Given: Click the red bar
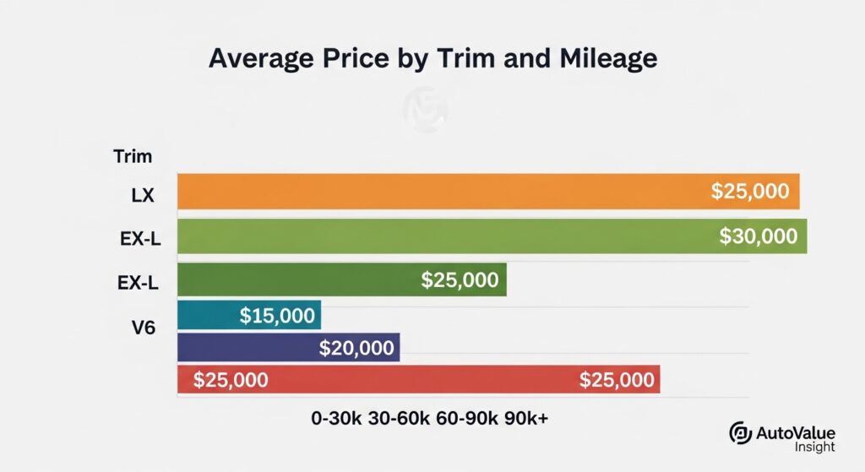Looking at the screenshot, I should coord(418,380).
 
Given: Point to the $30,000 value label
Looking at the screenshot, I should coord(758,236).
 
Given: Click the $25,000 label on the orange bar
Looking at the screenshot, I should coord(750,192).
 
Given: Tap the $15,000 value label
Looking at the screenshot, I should coord(277,317).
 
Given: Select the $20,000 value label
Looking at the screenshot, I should coord(356,347).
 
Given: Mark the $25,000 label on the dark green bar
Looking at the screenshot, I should coord(460,279).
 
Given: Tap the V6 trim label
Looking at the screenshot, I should coord(143,327).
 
